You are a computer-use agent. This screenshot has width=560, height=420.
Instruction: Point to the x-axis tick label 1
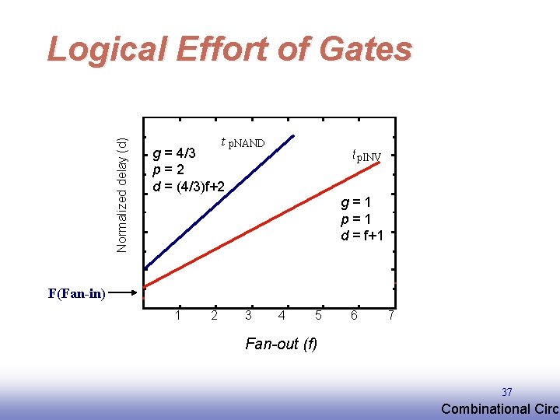[178, 315]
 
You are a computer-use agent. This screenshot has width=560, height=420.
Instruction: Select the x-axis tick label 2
[214, 315]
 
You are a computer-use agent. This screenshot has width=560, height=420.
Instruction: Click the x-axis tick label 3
[248, 315]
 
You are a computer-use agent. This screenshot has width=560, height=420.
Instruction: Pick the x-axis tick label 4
[282, 315]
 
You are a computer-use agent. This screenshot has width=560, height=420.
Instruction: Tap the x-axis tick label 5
[318, 315]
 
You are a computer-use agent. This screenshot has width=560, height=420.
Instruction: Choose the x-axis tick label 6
[354, 315]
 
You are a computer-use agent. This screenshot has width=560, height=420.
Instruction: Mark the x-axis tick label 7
[391, 315]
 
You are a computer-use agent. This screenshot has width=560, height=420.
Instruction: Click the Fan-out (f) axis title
[281, 343]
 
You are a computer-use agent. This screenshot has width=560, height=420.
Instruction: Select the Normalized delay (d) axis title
[122, 194]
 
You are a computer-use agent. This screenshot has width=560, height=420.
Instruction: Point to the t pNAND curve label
[243, 142]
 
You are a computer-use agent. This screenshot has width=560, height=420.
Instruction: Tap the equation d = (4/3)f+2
[190, 187]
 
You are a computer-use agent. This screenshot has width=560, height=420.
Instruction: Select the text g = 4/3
[178, 152]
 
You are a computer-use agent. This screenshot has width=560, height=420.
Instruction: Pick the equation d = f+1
[362, 235]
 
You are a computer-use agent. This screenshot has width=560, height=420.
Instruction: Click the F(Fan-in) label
[76, 294]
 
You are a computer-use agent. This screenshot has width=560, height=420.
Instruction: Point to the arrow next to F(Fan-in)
[124, 294]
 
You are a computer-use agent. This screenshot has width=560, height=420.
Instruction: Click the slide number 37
[507, 392]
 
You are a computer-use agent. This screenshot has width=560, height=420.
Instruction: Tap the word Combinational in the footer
[482, 409]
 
